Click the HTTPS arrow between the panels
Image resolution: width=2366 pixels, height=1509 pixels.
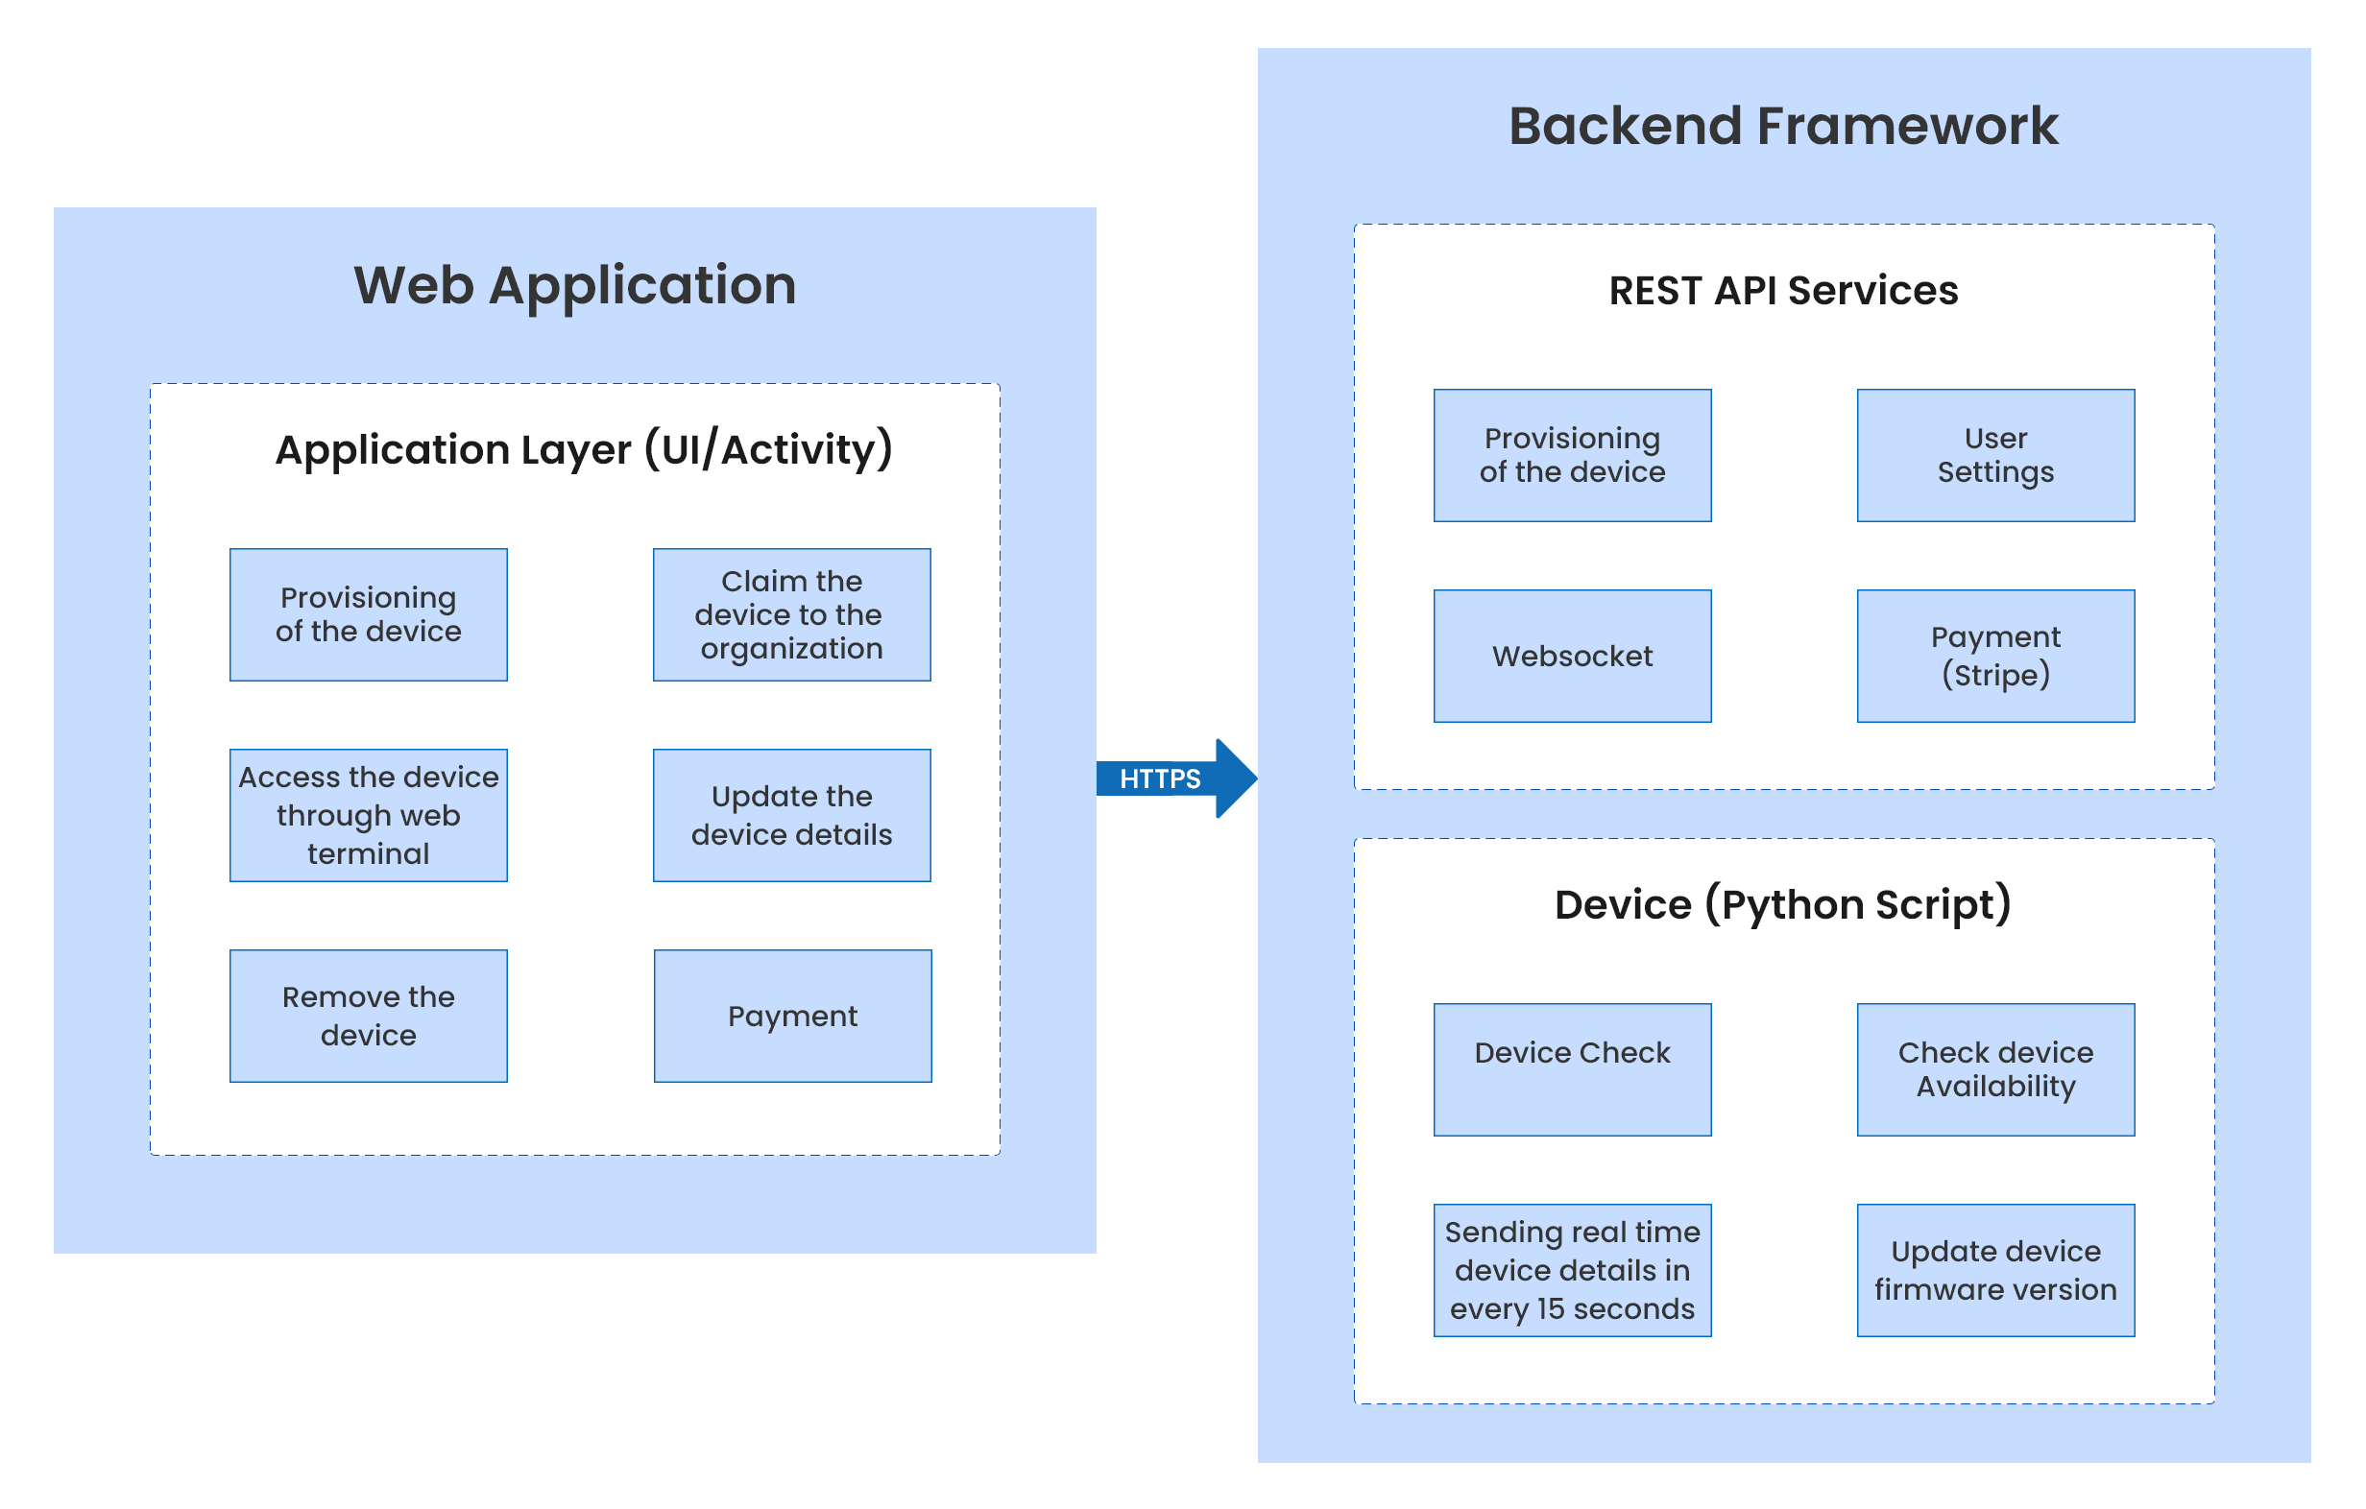click(1170, 778)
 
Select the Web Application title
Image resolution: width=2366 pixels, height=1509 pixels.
click(575, 285)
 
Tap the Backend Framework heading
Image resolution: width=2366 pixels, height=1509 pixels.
click(1782, 126)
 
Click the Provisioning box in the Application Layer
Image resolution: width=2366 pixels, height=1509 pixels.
click(369, 615)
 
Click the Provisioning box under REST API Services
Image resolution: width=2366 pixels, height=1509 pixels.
click(1572, 456)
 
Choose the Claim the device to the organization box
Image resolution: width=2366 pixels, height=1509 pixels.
click(792, 615)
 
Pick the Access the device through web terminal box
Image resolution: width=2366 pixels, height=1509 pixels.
click(369, 815)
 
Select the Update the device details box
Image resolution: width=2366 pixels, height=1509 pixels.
click(792, 815)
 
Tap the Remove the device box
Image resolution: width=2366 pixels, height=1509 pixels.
click(369, 1016)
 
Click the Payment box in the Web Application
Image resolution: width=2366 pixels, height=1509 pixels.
click(792, 1016)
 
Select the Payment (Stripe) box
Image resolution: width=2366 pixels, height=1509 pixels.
click(1995, 657)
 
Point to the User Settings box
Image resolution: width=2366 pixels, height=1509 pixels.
click(1995, 456)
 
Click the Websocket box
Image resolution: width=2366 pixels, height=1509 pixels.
click(1572, 657)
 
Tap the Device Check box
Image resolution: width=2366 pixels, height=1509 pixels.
click(1572, 1069)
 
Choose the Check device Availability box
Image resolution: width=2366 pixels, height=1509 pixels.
click(1995, 1069)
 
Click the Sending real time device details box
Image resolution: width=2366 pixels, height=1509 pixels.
click(1572, 1270)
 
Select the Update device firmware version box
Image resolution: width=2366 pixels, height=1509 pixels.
click(1995, 1270)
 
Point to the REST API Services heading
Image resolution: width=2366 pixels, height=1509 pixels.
click(1782, 291)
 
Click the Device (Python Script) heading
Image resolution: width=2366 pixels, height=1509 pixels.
click(1782, 904)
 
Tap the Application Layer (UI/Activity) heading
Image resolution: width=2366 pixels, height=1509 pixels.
click(584, 450)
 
